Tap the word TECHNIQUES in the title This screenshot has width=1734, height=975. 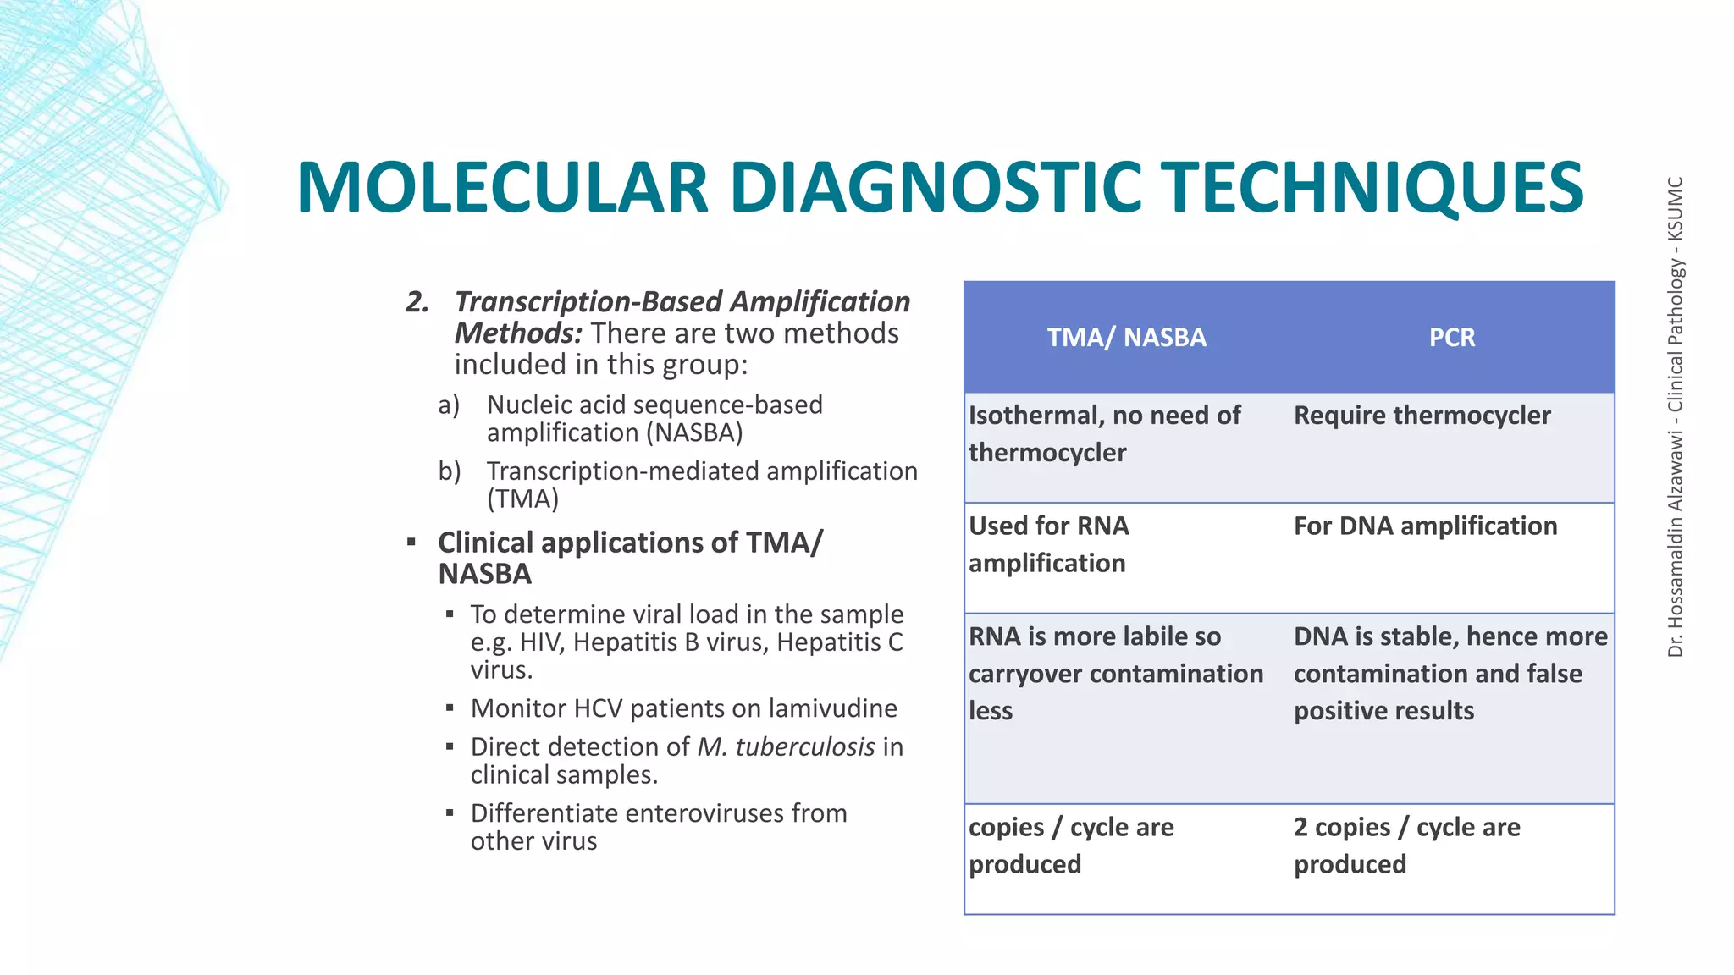click(1371, 188)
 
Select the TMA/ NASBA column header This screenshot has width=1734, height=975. click(1126, 338)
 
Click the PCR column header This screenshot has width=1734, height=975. click(1451, 338)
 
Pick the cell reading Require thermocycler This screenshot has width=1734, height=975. click(1422, 416)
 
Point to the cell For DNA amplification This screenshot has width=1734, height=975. click(1425, 526)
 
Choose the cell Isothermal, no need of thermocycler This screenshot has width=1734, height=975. click(1104, 433)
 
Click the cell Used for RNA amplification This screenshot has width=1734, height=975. click(1048, 544)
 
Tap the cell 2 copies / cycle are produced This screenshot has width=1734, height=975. click(1406, 846)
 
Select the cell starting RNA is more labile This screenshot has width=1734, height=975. click(1115, 674)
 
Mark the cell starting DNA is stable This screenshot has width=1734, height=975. click(1450, 674)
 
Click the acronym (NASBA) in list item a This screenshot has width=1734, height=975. click(694, 433)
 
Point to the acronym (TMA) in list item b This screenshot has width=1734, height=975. click(522, 499)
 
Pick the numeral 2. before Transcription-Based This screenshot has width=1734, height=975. click(417, 302)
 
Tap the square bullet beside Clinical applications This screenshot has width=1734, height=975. click(411, 542)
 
